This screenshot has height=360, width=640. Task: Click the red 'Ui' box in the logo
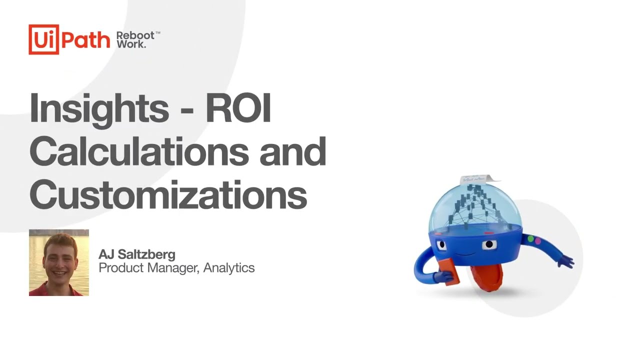[44, 39]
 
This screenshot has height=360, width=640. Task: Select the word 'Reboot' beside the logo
[136, 35]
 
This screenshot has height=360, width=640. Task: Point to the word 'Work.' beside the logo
[131, 44]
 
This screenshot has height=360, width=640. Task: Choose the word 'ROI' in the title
[238, 107]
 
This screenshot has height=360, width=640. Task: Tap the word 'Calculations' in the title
[138, 151]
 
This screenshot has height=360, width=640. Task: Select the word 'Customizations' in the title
[168, 194]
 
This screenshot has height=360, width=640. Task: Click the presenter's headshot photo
[59, 262]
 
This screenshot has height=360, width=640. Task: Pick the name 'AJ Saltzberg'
[136, 254]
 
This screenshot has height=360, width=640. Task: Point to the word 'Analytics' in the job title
[229, 268]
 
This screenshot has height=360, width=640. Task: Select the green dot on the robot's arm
[531, 239]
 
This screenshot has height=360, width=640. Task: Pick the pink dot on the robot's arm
[538, 241]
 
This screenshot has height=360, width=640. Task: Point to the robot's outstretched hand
[567, 260]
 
